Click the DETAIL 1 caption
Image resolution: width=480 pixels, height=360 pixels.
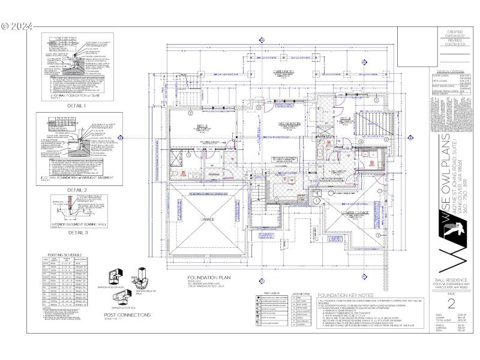click(x=76, y=106)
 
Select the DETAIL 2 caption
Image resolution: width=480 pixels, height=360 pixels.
click(x=77, y=190)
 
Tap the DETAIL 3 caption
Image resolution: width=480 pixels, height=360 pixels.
click(x=77, y=232)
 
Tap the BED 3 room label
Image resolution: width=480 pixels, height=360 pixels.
click(x=202, y=126)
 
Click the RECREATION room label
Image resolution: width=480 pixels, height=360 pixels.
click(x=288, y=124)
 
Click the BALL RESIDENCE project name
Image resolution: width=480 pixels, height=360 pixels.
click(x=454, y=281)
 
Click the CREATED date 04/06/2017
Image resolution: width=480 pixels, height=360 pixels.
click(x=455, y=35)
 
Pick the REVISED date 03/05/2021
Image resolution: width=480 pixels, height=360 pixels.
click(x=455, y=44)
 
